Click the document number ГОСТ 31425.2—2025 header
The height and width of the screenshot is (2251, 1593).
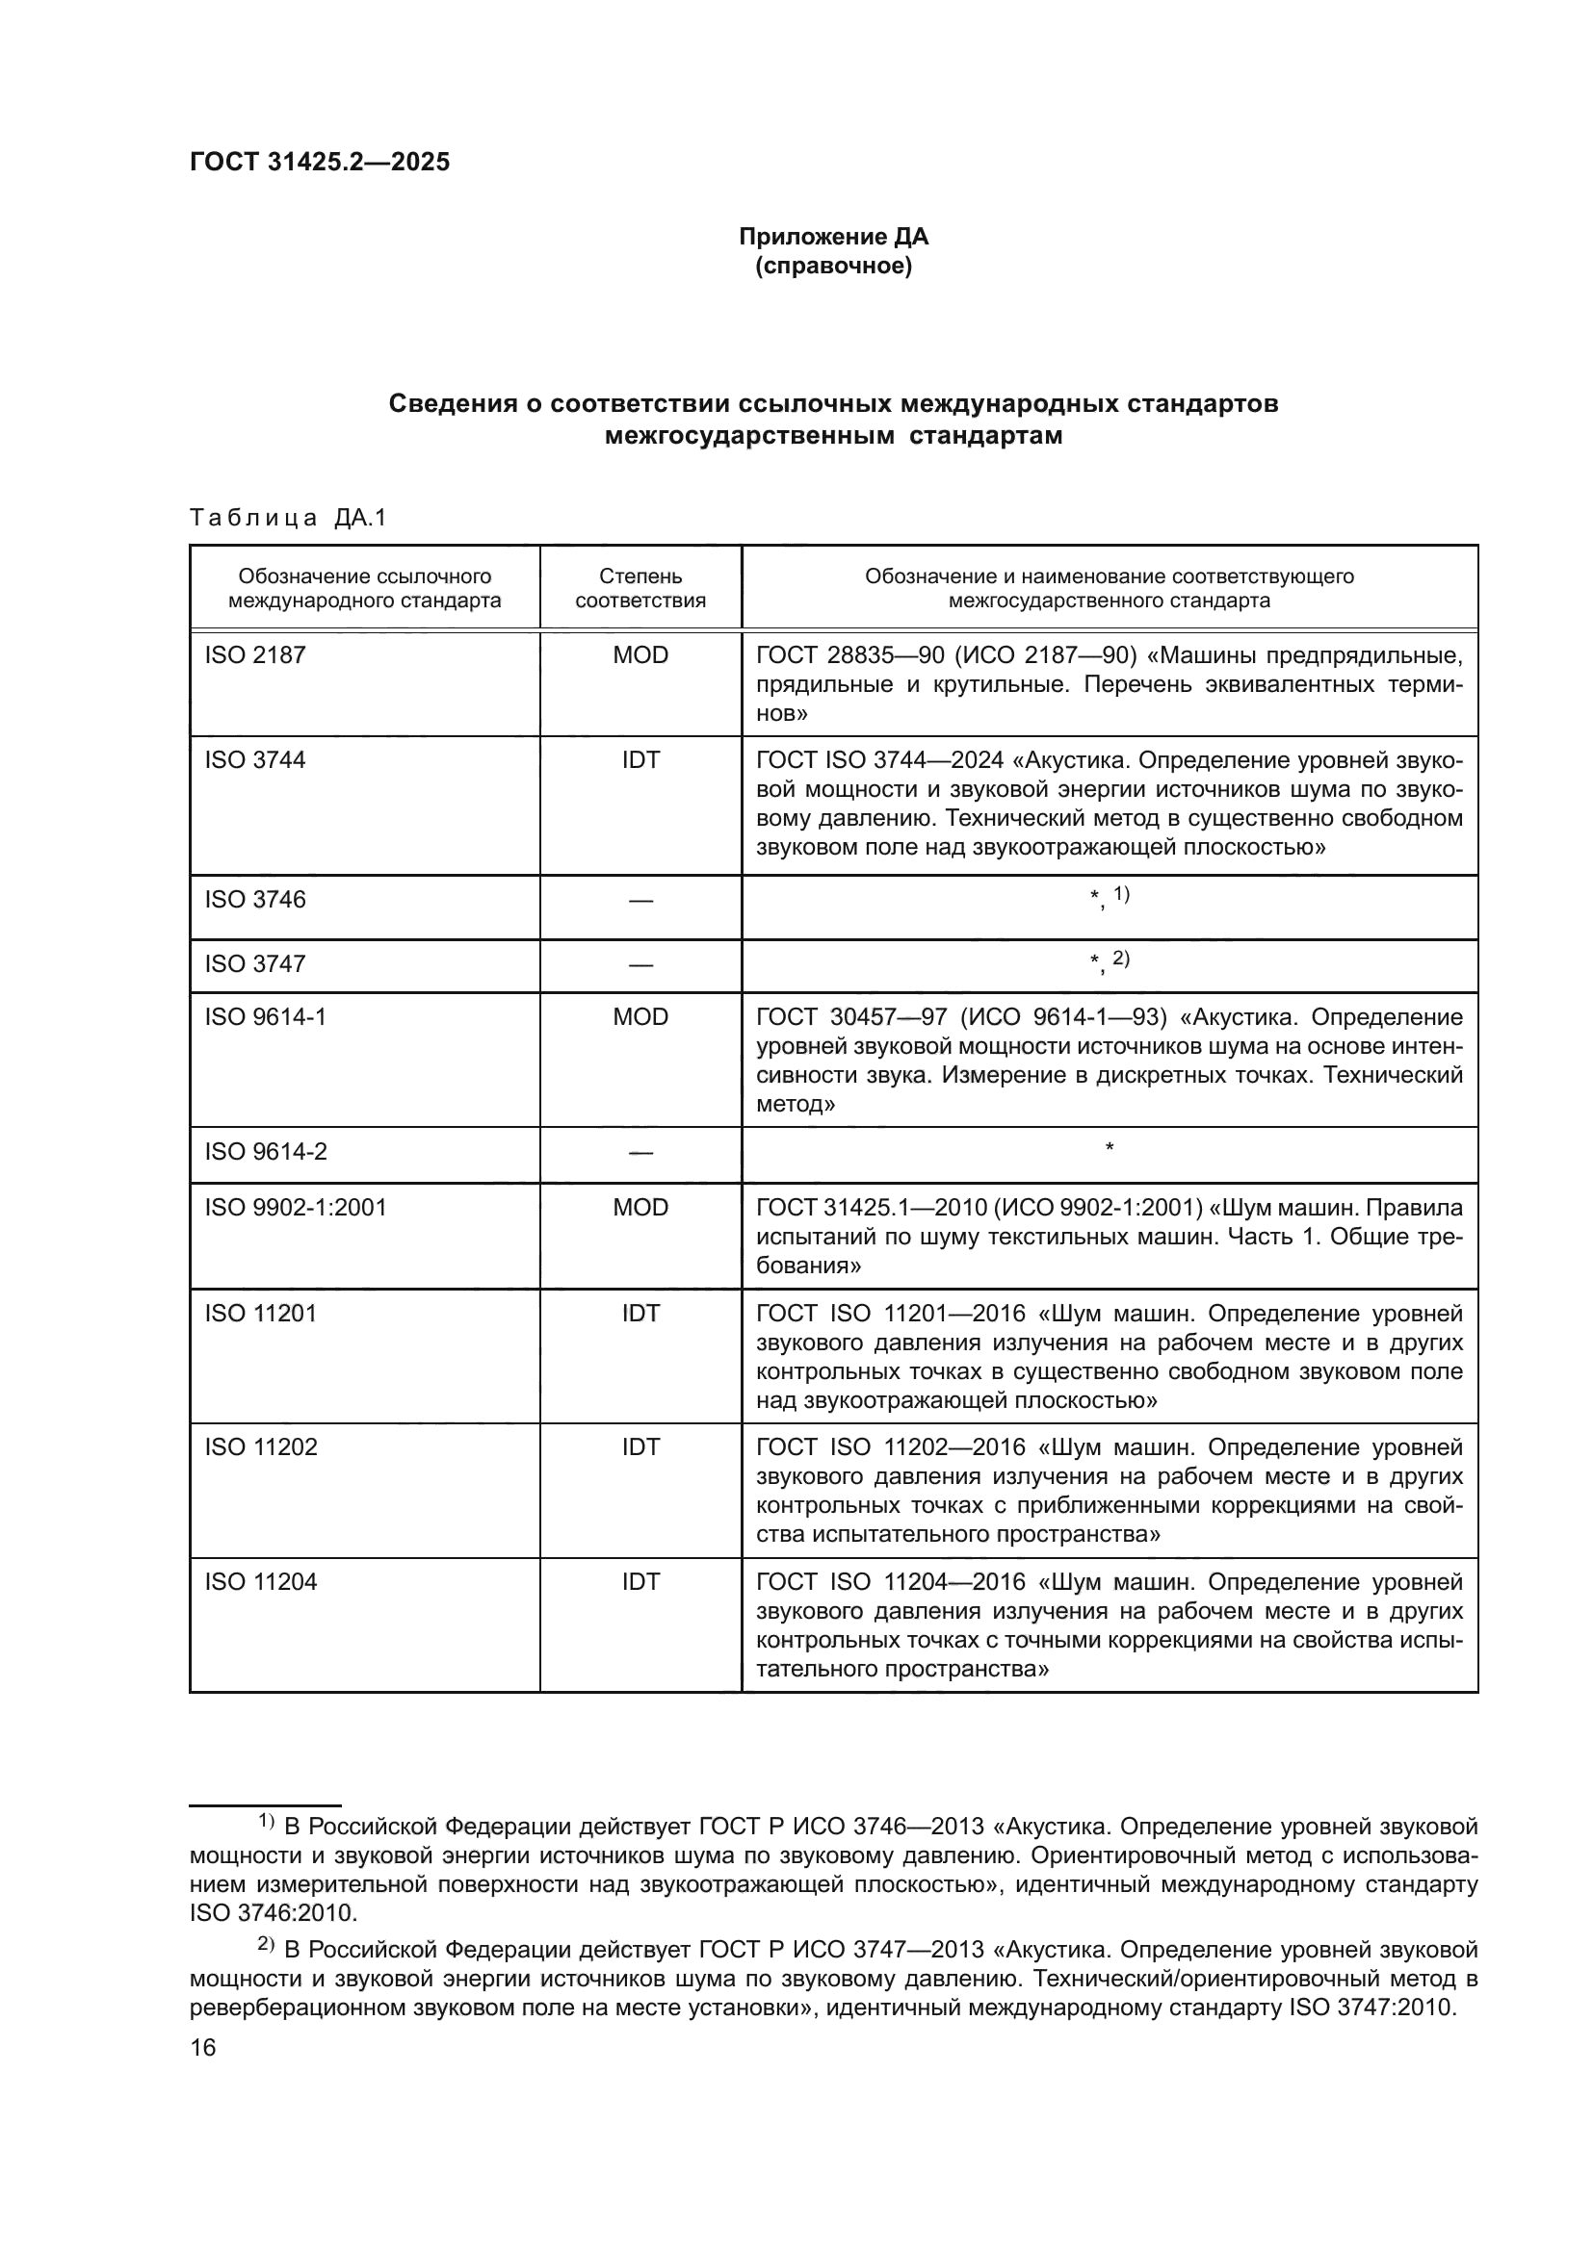click(320, 162)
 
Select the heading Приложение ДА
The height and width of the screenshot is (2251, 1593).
click(833, 237)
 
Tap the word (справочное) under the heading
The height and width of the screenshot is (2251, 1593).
click(833, 266)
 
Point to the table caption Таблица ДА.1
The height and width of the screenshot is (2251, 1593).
click(287, 518)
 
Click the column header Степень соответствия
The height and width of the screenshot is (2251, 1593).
click(640, 588)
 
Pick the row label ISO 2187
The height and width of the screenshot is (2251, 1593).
click(255, 655)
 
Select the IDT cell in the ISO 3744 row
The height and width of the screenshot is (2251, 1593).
click(640, 760)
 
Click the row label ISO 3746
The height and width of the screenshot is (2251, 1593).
click(255, 899)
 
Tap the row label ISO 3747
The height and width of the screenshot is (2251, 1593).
click(255, 963)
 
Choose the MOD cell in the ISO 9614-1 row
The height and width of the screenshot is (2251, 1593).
click(640, 1016)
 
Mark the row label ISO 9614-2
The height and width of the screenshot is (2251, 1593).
click(266, 1151)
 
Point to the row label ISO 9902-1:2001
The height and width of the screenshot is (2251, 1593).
click(296, 1207)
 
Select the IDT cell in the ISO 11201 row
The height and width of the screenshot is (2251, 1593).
click(640, 1313)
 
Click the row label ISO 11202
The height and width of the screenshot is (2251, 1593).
click(261, 1447)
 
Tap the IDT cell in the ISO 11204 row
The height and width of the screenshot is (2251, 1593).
click(640, 1581)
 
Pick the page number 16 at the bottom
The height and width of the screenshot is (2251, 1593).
click(203, 2048)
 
